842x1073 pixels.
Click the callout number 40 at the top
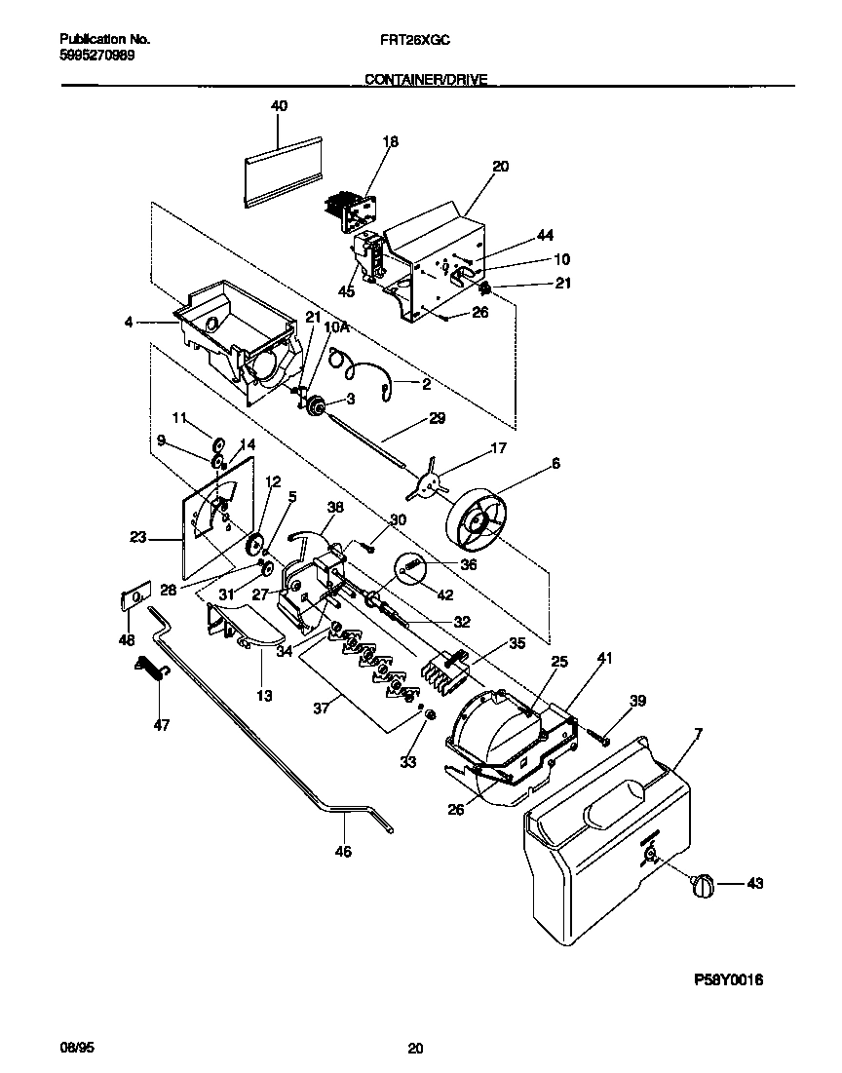tap(279, 105)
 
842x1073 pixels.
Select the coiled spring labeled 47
tap(153, 671)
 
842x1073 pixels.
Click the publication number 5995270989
tap(97, 56)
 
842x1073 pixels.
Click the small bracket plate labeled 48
tap(134, 596)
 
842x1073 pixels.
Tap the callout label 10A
tap(335, 329)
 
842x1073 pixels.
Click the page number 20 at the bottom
tap(416, 1049)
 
